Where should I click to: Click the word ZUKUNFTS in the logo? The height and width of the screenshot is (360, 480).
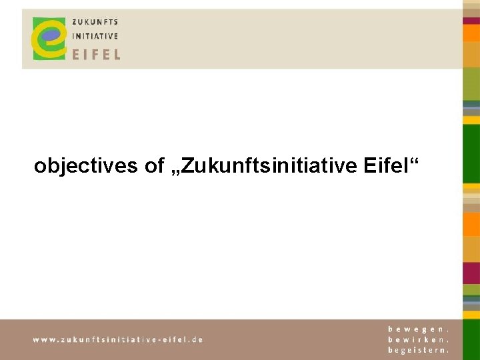(x=95, y=22)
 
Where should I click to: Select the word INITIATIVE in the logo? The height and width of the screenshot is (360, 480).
(x=95, y=37)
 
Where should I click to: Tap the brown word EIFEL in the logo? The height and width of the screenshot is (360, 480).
(x=96, y=53)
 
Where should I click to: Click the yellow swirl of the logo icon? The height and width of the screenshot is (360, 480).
(x=41, y=47)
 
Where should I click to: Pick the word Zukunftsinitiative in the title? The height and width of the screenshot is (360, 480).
(x=270, y=165)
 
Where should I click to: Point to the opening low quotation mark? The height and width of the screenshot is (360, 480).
(x=175, y=172)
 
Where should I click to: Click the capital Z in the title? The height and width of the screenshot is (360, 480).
(x=187, y=165)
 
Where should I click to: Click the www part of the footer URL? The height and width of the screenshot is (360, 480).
(x=43, y=339)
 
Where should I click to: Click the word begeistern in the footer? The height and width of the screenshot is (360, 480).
(x=418, y=349)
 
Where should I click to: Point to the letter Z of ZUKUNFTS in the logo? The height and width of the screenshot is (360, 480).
(x=75, y=22)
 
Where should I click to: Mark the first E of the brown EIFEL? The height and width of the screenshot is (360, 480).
(x=75, y=53)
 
